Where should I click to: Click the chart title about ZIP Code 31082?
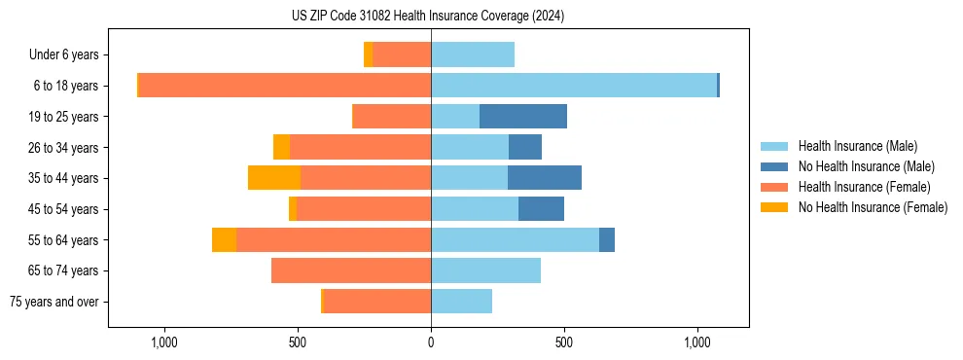click(428, 16)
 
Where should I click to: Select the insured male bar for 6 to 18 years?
click(574, 86)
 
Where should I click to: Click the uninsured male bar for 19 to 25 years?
click(523, 117)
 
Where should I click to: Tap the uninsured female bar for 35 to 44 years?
click(274, 178)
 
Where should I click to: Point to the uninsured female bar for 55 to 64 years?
click(224, 240)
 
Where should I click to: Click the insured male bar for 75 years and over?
click(461, 302)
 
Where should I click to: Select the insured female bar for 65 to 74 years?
click(351, 270)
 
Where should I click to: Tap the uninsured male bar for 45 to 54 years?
click(541, 209)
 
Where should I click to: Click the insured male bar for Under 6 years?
click(473, 54)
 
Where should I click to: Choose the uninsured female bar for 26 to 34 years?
click(281, 147)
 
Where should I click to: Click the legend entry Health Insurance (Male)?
click(857, 146)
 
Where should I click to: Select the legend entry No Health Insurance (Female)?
click(873, 207)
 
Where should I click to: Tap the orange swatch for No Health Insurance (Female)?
click(774, 207)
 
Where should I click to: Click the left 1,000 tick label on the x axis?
click(163, 342)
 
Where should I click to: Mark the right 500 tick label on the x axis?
click(564, 342)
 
